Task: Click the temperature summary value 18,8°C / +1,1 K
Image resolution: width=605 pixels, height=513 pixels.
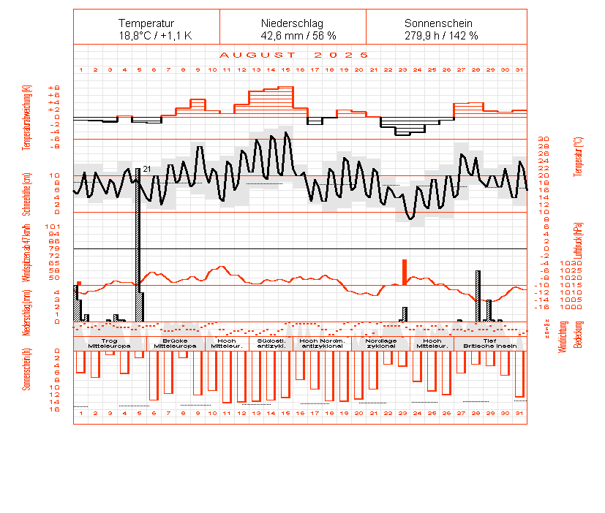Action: [155, 35]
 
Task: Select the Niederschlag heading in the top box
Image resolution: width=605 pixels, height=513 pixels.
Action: [292, 23]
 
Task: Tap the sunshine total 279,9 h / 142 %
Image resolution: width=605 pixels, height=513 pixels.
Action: [441, 35]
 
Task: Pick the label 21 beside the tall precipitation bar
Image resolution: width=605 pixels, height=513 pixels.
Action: [146, 170]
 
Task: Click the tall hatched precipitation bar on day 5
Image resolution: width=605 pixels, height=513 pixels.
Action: [138, 241]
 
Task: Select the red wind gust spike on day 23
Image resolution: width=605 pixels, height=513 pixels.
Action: [404, 271]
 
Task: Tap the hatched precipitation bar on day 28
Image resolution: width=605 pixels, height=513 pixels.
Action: [478, 295]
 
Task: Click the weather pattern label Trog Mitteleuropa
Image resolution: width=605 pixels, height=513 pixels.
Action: [109, 343]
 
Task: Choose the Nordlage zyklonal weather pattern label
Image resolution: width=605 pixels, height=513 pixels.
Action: [380, 343]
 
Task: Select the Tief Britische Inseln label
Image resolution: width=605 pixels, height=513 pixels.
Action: [490, 343]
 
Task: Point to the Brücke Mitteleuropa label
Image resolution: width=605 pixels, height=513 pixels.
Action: [176, 343]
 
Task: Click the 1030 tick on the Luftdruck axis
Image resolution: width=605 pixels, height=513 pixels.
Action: [548, 263]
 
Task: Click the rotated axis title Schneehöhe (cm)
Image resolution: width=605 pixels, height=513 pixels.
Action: [26, 191]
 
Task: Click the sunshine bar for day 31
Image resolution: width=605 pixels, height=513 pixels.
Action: [519, 374]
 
